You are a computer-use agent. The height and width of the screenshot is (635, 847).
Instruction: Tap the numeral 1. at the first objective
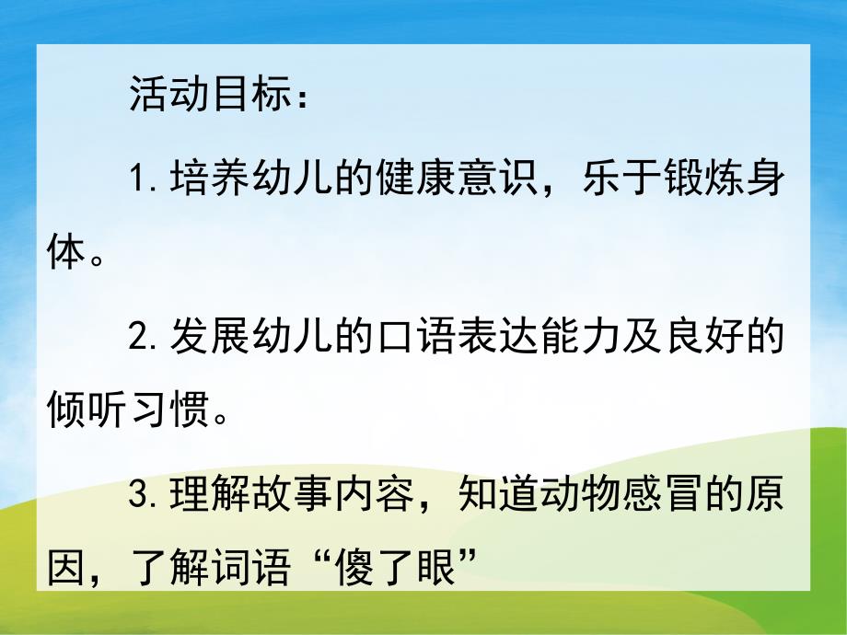tap(145, 180)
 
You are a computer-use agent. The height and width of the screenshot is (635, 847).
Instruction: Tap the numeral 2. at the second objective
tap(145, 339)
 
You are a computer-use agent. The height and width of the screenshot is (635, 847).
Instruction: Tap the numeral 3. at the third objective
tap(145, 496)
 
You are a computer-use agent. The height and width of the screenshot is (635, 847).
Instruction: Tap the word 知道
tap(500, 496)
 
